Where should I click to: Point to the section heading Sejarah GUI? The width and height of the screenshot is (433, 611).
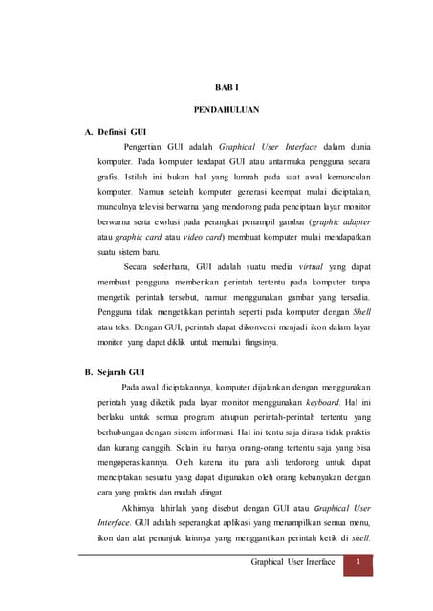pyautogui.click(x=118, y=372)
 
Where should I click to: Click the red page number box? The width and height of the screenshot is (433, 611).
pyautogui.click(x=357, y=564)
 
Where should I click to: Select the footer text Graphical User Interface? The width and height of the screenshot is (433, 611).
pyautogui.click(x=292, y=564)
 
